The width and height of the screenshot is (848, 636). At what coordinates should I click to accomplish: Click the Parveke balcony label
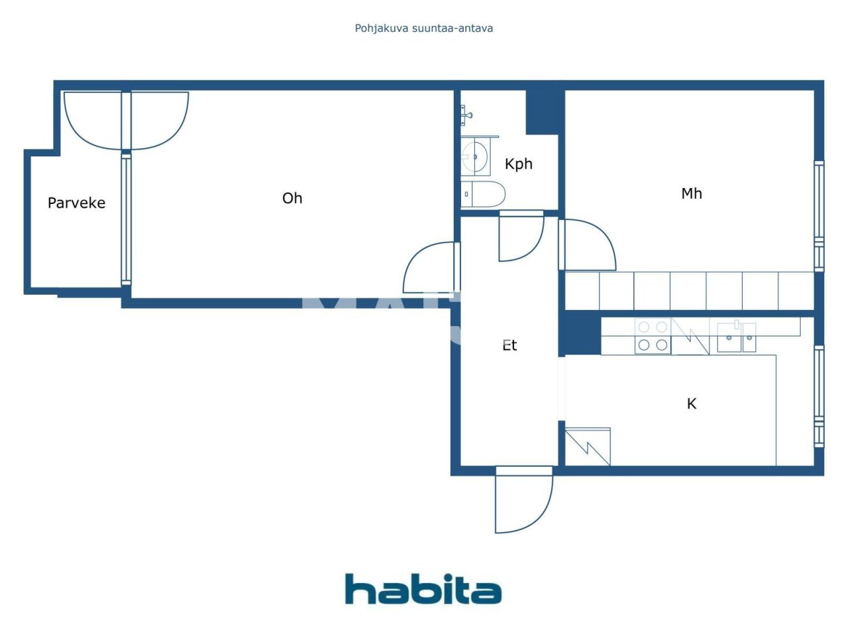[x=76, y=203]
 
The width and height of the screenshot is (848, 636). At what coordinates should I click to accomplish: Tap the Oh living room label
[x=292, y=198]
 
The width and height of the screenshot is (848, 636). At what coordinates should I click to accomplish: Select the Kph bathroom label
[x=518, y=164]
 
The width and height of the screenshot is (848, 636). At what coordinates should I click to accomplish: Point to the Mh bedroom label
[x=691, y=193]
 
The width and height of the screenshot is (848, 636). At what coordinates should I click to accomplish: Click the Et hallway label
[x=509, y=345]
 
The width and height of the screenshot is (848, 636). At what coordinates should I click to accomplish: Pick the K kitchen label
[x=692, y=403]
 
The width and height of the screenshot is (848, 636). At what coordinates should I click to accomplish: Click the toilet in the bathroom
[x=483, y=194]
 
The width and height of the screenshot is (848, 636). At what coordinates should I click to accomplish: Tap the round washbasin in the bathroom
[x=475, y=157]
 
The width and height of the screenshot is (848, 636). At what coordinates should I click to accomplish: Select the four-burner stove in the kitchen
[x=653, y=336]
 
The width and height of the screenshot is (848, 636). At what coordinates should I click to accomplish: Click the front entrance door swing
[x=523, y=500]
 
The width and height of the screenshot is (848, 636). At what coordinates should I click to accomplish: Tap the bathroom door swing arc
[x=521, y=237]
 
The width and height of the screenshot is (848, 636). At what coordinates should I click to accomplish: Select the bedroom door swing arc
[x=588, y=245]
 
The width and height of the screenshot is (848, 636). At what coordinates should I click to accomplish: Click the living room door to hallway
[x=431, y=268]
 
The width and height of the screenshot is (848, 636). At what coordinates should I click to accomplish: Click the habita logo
[x=423, y=589]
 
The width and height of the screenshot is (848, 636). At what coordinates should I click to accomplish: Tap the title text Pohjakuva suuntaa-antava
[x=423, y=28]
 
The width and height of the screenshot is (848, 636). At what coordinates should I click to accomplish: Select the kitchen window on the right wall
[x=819, y=396]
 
